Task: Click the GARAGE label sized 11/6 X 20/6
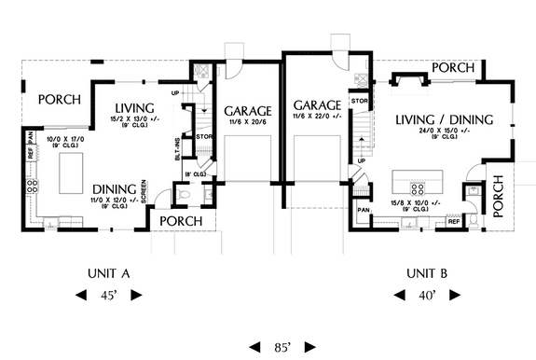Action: pos(247,110)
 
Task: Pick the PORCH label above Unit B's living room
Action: pos(454,67)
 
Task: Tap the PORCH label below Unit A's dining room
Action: pos(179,220)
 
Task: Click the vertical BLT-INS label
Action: pos(178,147)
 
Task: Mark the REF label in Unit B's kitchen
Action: pos(452,222)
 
